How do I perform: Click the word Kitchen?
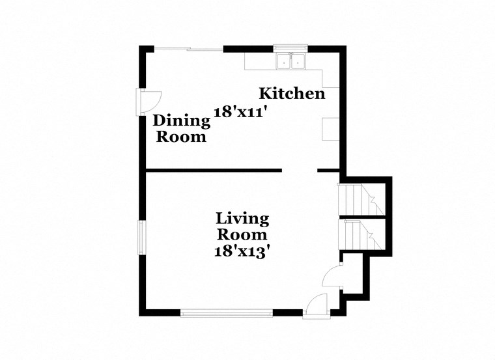(x=292, y=94)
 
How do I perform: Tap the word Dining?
(x=182, y=121)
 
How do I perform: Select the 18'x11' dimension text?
(x=242, y=111)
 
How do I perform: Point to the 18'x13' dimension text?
(x=242, y=251)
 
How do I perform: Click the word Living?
(x=242, y=218)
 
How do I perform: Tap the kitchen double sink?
(x=291, y=62)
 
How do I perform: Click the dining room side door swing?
(x=150, y=102)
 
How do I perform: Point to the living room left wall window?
(x=141, y=238)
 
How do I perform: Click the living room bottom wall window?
(x=226, y=313)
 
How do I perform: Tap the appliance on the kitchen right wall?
(x=331, y=129)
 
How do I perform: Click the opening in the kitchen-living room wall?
(x=299, y=171)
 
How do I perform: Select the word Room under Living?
(x=242, y=234)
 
